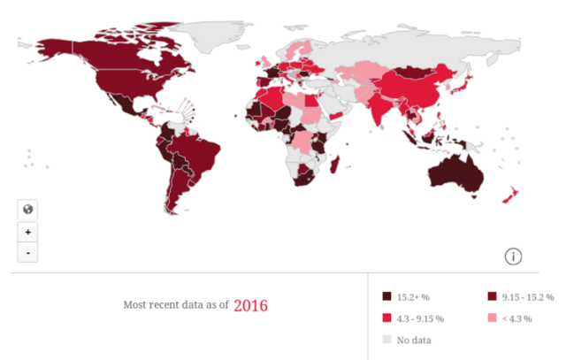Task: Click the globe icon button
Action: (28, 210)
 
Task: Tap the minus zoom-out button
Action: (28, 253)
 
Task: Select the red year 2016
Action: (250, 305)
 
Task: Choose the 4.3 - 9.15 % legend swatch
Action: (386, 318)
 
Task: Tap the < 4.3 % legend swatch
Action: (493, 318)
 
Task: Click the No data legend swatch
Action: (386, 339)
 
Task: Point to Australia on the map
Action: (456, 172)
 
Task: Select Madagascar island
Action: (334, 163)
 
